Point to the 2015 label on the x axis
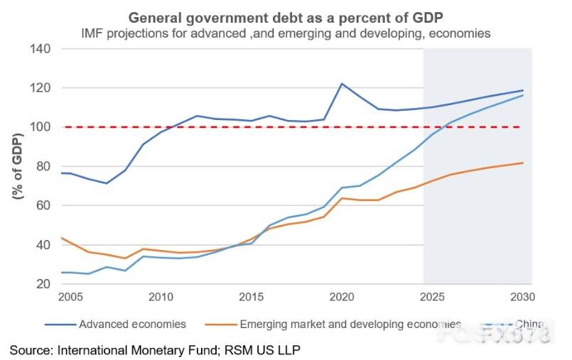[x=252, y=296]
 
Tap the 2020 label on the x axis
[x=341, y=296]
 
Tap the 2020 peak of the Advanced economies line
[x=342, y=84]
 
